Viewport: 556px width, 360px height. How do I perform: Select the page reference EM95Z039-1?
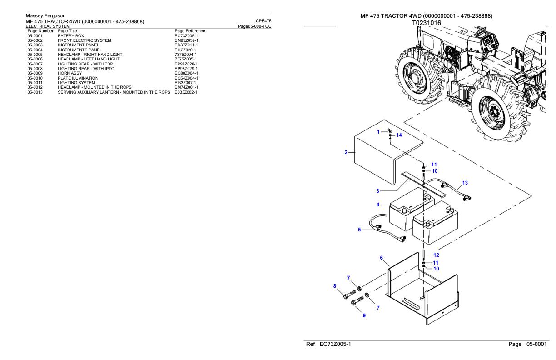click(x=186, y=40)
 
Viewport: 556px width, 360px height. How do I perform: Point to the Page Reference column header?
click(x=190, y=31)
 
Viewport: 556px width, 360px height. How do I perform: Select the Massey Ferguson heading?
click(x=45, y=15)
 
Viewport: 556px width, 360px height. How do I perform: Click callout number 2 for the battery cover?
click(x=346, y=152)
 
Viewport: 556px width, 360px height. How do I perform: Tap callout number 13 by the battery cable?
click(x=465, y=183)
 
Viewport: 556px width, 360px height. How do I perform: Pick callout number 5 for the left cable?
click(x=359, y=230)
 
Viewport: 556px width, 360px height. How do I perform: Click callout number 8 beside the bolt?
click(x=335, y=286)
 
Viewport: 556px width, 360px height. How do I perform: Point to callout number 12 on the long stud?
click(x=436, y=255)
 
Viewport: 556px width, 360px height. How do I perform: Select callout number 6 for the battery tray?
click(x=381, y=258)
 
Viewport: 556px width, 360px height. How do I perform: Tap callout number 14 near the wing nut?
click(x=399, y=135)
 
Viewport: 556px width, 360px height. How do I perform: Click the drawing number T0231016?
click(x=426, y=22)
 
